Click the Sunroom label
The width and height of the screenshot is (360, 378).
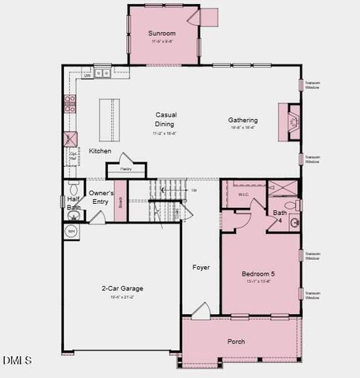point(161,34)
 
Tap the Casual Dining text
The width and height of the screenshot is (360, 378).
point(165,119)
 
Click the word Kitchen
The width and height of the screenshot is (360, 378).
point(100,150)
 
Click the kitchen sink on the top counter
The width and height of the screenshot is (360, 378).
point(102,73)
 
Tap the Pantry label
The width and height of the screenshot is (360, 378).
point(125,169)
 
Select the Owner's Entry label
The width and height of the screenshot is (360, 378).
point(101,198)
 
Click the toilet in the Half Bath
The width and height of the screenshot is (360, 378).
point(72,189)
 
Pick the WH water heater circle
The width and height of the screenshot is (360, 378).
point(70,232)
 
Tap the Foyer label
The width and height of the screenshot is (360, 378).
point(201,268)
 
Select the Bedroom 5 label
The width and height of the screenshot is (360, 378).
point(258,273)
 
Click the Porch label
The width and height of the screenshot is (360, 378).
point(236,341)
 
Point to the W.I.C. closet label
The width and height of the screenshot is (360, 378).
point(243,194)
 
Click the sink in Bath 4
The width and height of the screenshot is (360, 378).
point(295,222)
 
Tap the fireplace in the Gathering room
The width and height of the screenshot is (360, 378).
point(285,120)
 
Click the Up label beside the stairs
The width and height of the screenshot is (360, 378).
point(195,190)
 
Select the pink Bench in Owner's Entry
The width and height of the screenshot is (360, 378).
point(120,202)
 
